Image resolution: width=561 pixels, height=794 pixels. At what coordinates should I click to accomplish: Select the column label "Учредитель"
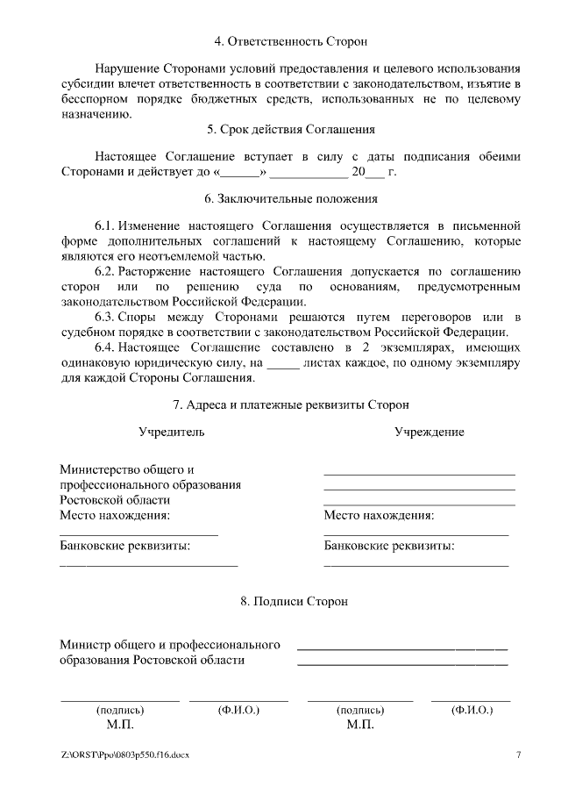(x=172, y=432)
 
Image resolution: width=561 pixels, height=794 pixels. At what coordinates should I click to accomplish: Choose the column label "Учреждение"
(x=429, y=432)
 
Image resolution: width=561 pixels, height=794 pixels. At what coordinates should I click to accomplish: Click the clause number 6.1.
(x=105, y=225)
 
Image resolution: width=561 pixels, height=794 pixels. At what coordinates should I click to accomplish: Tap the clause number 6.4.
(x=105, y=347)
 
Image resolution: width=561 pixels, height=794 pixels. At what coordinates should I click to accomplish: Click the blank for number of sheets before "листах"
(x=282, y=363)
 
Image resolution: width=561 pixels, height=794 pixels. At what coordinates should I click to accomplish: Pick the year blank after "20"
(x=374, y=172)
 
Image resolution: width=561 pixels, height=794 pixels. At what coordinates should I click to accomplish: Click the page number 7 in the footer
(x=518, y=755)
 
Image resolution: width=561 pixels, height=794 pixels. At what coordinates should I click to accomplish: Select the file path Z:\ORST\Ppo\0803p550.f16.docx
(x=125, y=755)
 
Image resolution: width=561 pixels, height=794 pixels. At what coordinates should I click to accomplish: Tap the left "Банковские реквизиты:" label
(x=125, y=546)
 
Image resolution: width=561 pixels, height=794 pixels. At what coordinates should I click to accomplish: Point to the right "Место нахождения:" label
(x=379, y=515)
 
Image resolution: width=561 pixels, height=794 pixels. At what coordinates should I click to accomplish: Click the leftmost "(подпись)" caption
(x=120, y=710)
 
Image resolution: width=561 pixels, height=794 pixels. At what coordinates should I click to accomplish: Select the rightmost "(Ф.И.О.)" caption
(x=471, y=710)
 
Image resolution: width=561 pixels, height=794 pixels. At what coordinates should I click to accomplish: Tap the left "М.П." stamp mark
(x=120, y=726)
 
